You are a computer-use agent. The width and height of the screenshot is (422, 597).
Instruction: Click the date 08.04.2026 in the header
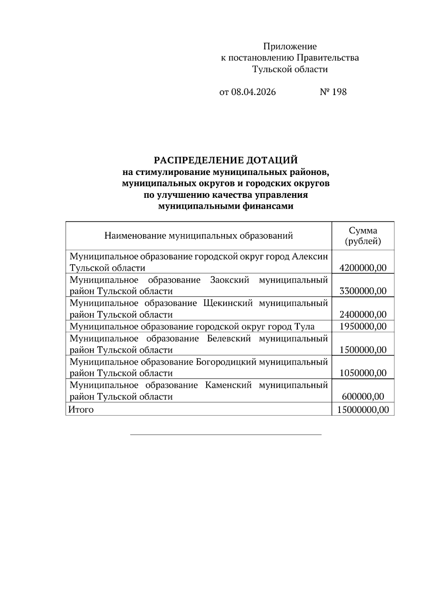[x=254, y=92]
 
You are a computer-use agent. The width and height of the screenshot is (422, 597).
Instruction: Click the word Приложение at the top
[x=290, y=46]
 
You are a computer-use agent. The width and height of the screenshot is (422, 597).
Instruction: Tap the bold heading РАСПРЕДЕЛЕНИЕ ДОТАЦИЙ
[x=225, y=161]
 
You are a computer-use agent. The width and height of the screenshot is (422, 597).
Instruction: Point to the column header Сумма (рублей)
[x=363, y=236]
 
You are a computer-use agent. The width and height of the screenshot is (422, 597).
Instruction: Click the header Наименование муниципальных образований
[x=198, y=236]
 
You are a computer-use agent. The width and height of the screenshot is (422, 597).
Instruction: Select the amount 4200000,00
[x=363, y=268]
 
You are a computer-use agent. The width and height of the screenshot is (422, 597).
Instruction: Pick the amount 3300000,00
[x=363, y=291]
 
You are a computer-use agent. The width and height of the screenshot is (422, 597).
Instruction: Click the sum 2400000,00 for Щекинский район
[x=363, y=314]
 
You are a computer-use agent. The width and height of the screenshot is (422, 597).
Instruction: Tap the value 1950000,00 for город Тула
[x=363, y=326]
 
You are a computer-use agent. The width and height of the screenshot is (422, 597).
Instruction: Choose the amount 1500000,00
[x=363, y=350]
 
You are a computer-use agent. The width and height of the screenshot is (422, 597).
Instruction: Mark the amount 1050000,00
[x=363, y=373]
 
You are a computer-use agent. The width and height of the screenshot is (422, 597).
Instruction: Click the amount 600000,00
[x=363, y=397]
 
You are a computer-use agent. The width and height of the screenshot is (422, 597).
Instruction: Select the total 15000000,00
[x=363, y=410]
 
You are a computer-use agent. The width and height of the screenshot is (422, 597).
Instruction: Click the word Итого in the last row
[x=81, y=410]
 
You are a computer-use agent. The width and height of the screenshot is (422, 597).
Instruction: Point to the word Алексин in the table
[x=310, y=256]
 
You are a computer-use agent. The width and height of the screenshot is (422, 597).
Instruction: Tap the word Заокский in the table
[x=230, y=280]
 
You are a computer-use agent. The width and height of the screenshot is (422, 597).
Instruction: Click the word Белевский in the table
[x=229, y=339]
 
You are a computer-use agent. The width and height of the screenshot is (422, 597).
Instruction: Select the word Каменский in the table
[x=228, y=385]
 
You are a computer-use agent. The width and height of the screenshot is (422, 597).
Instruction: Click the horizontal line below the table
[x=226, y=435]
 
